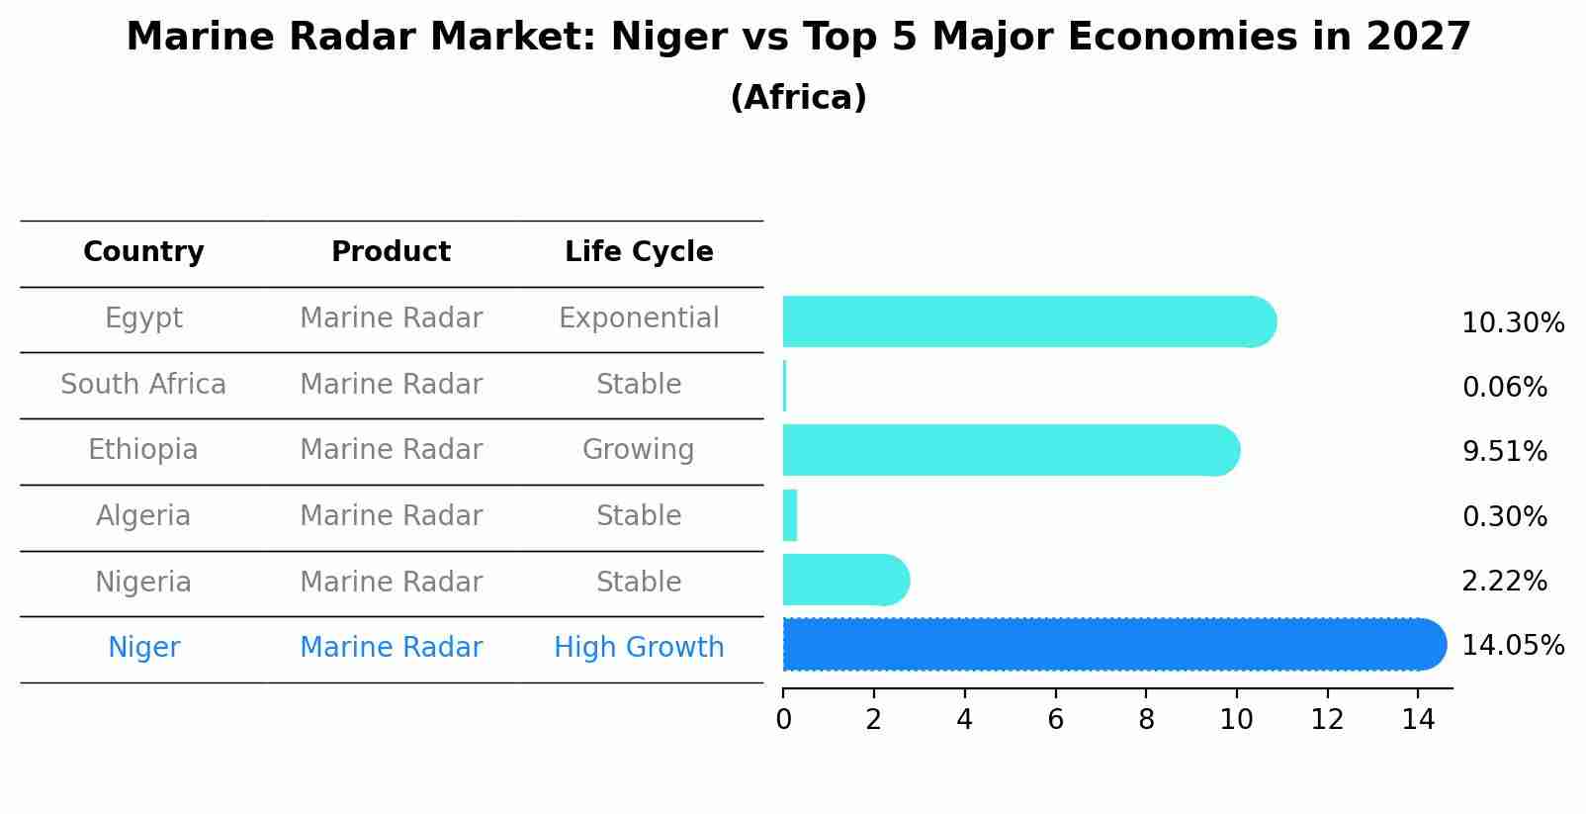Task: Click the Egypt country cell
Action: (143, 318)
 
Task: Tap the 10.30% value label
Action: (1512, 323)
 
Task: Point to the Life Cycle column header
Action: (639, 252)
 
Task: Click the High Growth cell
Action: (639, 648)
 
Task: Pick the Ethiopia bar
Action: (1009, 451)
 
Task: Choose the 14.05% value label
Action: (1512, 646)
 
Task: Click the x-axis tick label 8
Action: (1146, 720)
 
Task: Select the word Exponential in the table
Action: (639, 318)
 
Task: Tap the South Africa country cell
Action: (143, 385)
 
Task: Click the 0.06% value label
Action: (1504, 388)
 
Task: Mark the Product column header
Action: (391, 252)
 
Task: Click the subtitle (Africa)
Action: (798, 98)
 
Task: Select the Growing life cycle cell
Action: (639, 450)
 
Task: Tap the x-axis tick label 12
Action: (1327, 720)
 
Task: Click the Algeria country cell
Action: (143, 516)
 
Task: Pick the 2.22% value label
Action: (1504, 582)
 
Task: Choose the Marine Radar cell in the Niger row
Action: (391, 648)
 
